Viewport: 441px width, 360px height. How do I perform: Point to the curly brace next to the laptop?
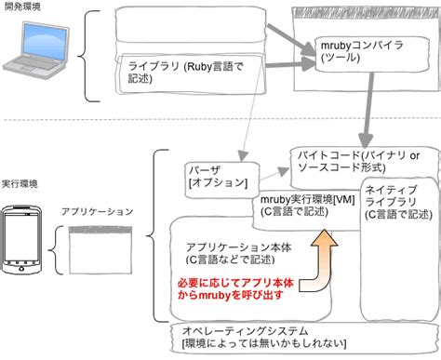point(89,56)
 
